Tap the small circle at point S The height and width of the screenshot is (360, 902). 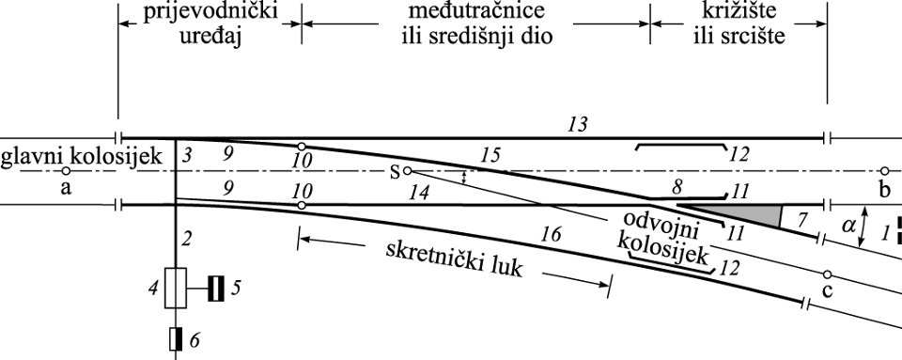click(407, 171)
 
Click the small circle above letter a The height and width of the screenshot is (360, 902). click(65, 171)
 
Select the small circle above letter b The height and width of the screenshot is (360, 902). click(884, 171)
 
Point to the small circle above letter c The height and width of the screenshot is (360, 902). click(827, 274)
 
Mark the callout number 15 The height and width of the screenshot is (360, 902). click(490, 153)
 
